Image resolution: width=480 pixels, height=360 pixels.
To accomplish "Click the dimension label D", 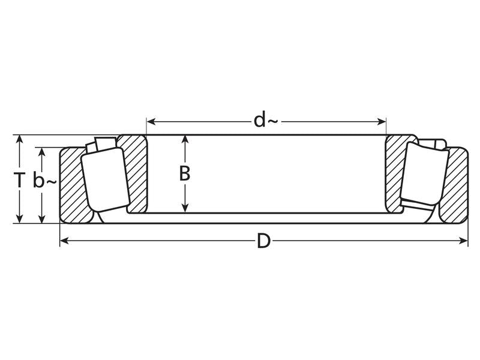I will coord(263,242).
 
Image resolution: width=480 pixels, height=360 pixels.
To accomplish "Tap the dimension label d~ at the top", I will coord(265,121).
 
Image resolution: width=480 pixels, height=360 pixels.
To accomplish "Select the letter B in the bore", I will coord(185,173).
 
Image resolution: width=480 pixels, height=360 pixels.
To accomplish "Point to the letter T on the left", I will coord(20,179).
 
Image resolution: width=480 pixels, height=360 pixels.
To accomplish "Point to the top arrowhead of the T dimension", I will coord(20,139).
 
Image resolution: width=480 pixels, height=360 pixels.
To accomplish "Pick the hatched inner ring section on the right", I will coord(396,174).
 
